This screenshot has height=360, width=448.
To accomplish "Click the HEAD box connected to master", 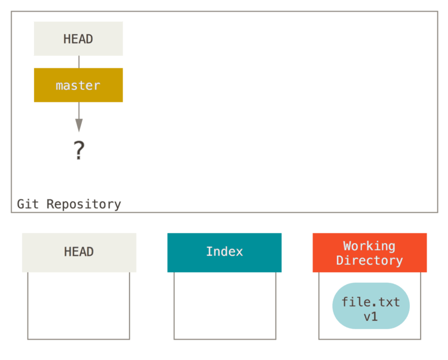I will [x=78, y=39].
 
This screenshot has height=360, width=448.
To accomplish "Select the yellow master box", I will [x=78, y=85].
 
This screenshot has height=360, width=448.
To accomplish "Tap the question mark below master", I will [x=79, y=151].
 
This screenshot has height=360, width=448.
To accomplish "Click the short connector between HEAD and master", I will [x=78, y=62].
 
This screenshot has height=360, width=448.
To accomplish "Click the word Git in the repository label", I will [x=28, y=204].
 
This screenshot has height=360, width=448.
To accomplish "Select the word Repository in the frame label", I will [x=84, y=204].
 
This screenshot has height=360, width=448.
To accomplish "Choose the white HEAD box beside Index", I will [x=79, y=253].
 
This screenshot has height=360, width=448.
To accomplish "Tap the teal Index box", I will [x=224, y=253].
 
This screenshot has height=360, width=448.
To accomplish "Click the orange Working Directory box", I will [x=370, y=253].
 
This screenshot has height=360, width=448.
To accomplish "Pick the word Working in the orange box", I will [x=369, y=246].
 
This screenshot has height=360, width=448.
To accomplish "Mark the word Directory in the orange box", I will [x=369, y=260].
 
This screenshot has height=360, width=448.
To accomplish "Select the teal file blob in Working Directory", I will [x=371, y=306].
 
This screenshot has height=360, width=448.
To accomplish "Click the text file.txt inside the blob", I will [x=371, y=302].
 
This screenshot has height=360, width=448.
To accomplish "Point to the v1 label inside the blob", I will [x=371, y=317].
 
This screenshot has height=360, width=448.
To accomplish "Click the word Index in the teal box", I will [x=224, y=252].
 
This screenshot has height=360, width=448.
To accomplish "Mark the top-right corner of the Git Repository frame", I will [x=437, y=11].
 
